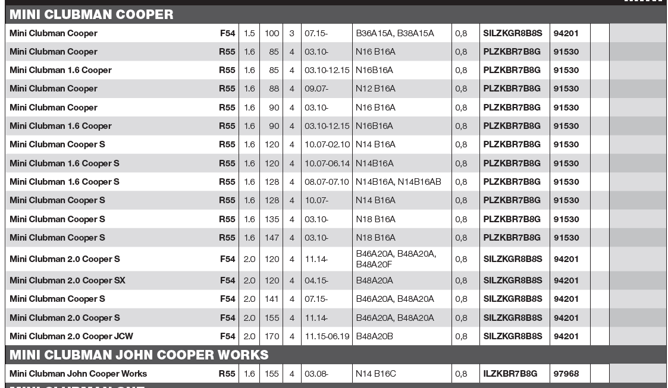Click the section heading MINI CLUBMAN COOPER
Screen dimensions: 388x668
pyautogui.click(x=92, y=15)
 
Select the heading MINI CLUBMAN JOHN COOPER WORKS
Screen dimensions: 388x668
pyautogui.click(x=139, y=355)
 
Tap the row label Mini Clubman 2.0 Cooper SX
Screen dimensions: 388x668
pyautogui.click(x=67, y=280)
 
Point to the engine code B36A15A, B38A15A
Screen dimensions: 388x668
pyautogui.click(x=394, y=33)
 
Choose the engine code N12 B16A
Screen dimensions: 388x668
pyautogui.click(x=375, y=89)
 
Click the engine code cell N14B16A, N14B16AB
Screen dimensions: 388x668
pyautogui.click(x=398, y=182)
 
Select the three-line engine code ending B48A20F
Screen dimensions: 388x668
pyautogui.click(x=396, y=259)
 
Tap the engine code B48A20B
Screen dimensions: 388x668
pyautogui.click(x=374, y=336)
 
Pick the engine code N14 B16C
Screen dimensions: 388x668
pyautogui.click(x=375, y=374)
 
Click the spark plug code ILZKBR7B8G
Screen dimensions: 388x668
pyautogui.click(x=510, y=374)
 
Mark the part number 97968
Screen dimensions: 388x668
pyautogui.click(x=566, y=374)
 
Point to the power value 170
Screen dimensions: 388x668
pyautogui.click(x=272, y=336)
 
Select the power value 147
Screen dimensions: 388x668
pyautogui.click(x=272, y=238)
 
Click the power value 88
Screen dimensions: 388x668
pyautogui.click(x=274, y=89)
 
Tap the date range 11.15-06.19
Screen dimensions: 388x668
pyautogui.click(x=327, y=336)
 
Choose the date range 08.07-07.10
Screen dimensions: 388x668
pyautogui.click(x=327, y=182)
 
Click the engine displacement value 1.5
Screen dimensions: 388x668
pyautogui.click(x=249, y=33)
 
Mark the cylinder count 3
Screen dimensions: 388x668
pyautogui.click(x=291, y=33)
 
